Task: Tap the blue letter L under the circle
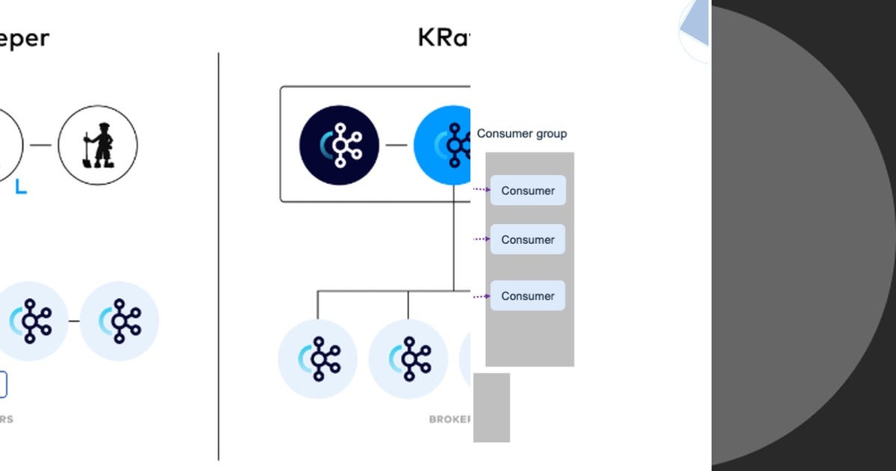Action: click(21, 188)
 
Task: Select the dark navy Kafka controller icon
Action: click(339, 145)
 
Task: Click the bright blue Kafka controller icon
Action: click(444, 145)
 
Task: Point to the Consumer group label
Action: click(522, 134)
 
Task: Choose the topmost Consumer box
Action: click(528, 191)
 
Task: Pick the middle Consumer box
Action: click(528, 239)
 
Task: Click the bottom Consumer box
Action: click(528, 296)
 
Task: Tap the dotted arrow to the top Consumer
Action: click(482, 189)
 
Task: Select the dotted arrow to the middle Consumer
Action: click(482, 239)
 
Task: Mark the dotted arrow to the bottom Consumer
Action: click(482, 296)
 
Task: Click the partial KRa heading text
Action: click(444, 37)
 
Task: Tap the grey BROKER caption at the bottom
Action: click(449, 419)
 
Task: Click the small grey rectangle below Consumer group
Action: click(491, 407)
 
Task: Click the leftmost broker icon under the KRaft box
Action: click(317, 359)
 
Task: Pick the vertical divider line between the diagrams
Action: click(219, 254)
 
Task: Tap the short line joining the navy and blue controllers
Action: click(396, 145)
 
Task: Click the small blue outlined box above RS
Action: click(3, 385)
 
